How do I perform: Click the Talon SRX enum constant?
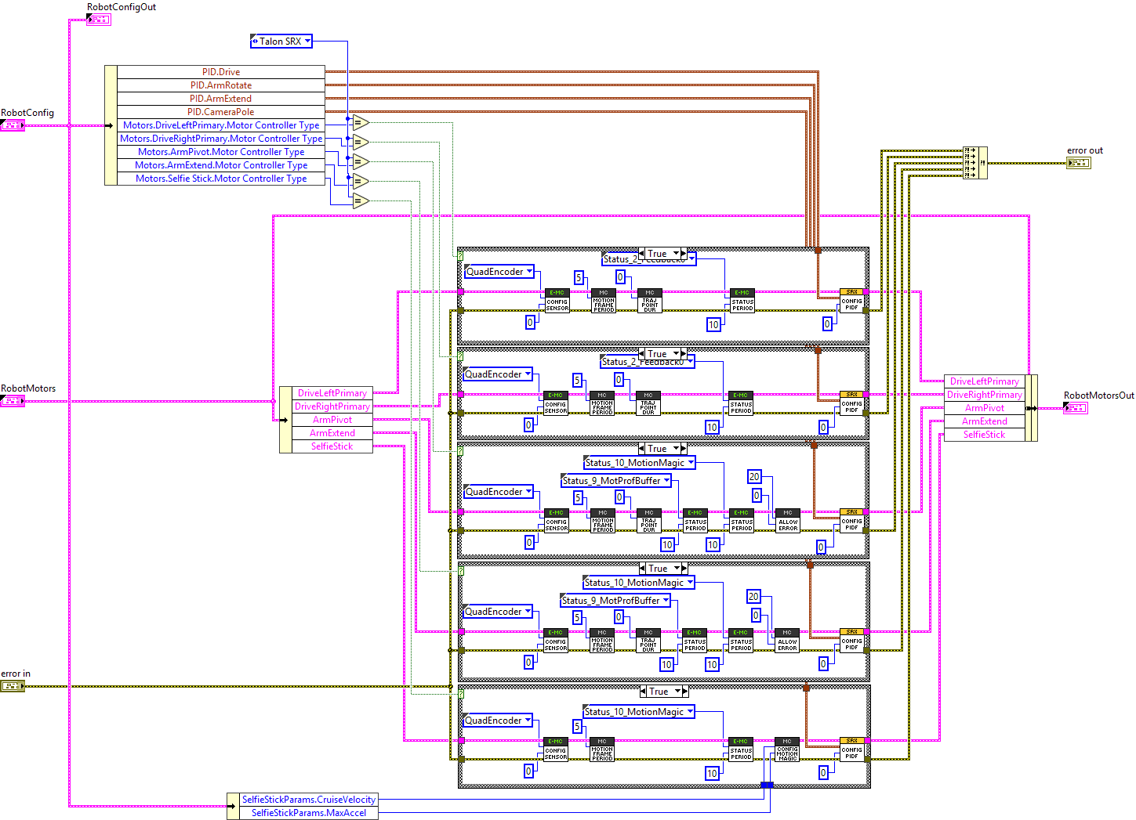coord(281,42)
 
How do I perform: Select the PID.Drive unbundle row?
coord(220,72)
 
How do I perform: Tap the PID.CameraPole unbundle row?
coord(220,112)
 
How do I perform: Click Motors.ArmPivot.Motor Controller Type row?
coord(220,152)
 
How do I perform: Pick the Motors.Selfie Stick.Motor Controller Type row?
coord(220,179)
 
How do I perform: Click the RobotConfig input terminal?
coord(13,125)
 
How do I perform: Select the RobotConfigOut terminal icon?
coord(99,20)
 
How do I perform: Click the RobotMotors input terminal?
coord(13,401)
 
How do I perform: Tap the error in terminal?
coord(13,686)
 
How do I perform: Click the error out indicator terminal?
coord(1078,163)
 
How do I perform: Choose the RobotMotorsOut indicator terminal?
coord(1075,408)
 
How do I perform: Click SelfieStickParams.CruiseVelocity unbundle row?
coord(308,800)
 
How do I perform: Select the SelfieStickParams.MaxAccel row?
coord(308,813)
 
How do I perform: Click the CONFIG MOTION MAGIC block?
coord(787,750)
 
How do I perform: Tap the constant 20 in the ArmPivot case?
coord(754,476)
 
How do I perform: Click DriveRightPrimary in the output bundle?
coord(984,395)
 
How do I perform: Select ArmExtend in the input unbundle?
coord(332,433)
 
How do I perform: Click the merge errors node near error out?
coord(974,163)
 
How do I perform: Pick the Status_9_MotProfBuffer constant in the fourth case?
coord(615,601)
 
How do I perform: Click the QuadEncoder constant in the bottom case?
coord(498,721)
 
